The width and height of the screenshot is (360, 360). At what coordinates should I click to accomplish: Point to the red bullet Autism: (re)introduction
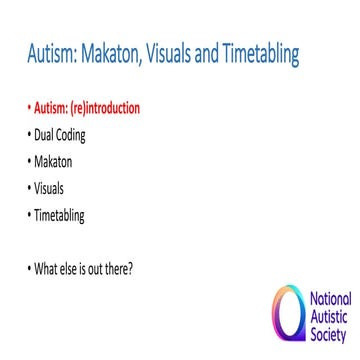click(84, 107)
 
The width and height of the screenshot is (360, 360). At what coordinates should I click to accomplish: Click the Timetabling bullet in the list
click(61, 213)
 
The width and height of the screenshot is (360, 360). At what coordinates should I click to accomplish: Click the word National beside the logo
click(330, 299)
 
